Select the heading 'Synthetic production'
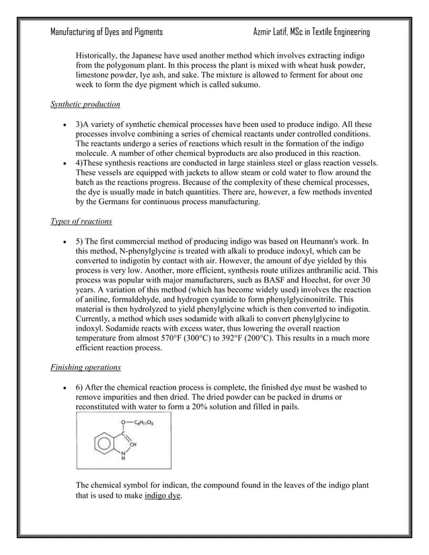pos(85,105)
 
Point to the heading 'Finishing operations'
pos(85,368)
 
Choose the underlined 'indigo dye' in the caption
pos(163,497)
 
